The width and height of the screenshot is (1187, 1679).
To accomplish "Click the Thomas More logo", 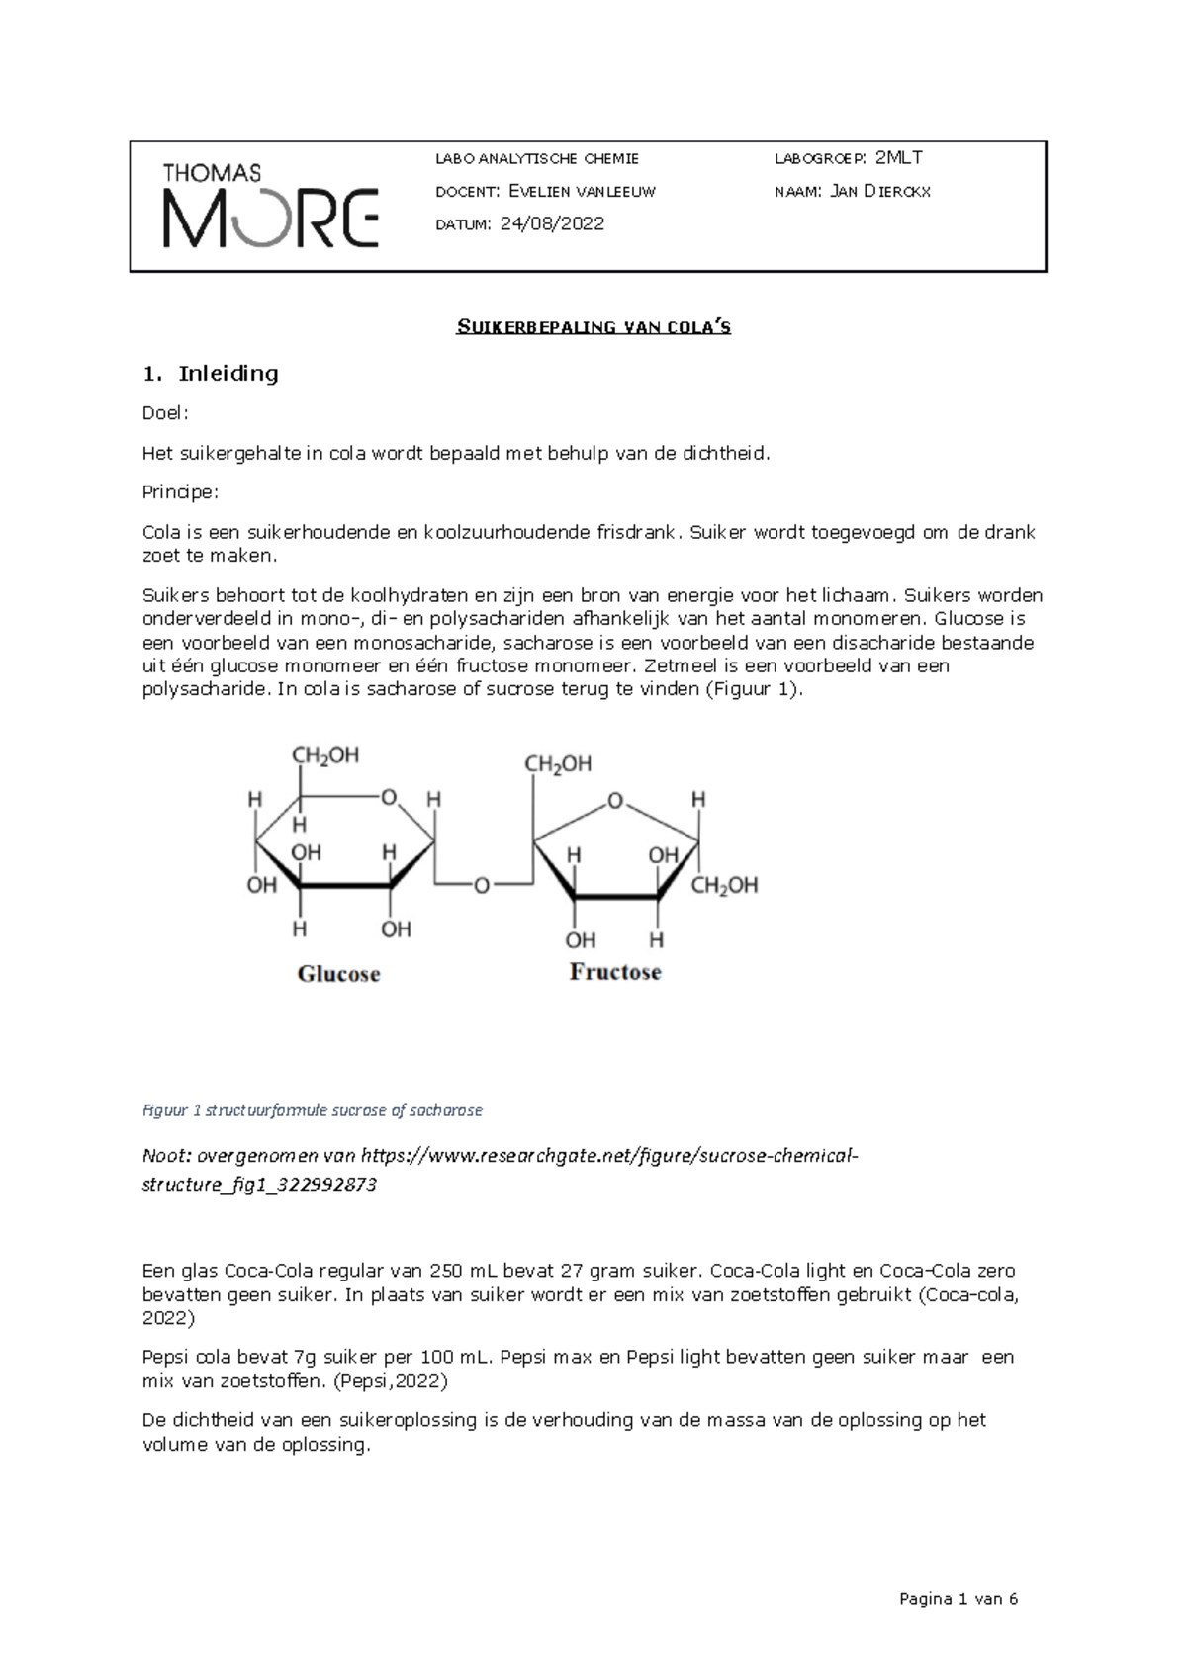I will click(x=270, y=206).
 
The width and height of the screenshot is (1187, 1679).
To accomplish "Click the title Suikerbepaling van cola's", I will click(x=593, y=327).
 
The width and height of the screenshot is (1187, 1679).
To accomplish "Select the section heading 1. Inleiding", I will click(x=211, y=374).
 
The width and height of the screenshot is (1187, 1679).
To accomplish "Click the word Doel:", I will click(x=164, y=414).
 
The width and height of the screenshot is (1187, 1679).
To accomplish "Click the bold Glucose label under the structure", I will click(x=338, y=974).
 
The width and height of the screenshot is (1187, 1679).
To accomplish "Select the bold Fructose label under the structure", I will click(x=614, y=972).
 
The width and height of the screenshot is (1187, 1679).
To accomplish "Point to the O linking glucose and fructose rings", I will click(x=482, y=886).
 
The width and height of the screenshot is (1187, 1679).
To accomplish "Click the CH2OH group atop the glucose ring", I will click(x=324, y=756).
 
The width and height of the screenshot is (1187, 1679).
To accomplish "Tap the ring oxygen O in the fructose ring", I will click(x=616, y=802).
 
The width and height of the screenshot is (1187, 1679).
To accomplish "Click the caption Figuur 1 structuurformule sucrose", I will click(x=313, y=1110).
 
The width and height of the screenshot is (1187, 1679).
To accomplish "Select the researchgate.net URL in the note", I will click(x=609, y=1156).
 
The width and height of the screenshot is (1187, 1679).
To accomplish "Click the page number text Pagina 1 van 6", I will click(x=958, y=1600).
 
